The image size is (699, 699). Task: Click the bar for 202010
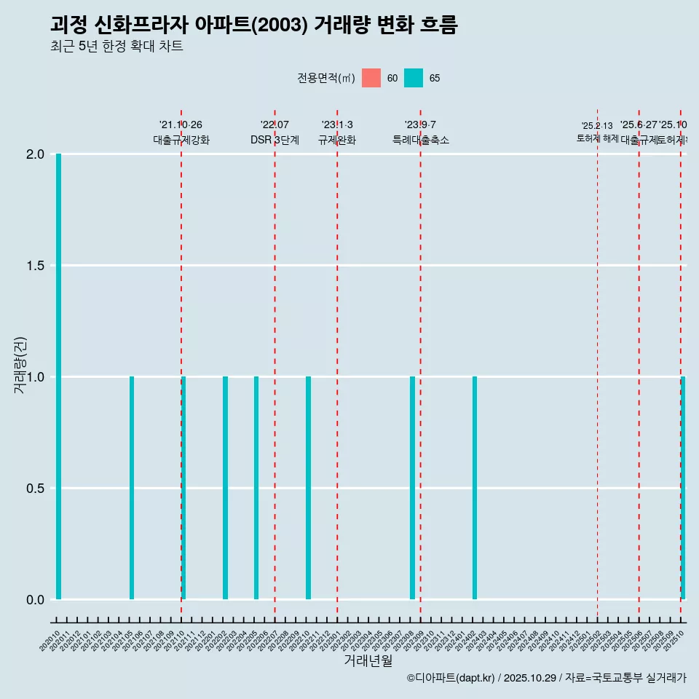point(58,376)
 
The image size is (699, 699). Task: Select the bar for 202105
point(132,488)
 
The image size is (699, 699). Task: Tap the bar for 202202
point(225,488)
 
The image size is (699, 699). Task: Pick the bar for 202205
point(256,488)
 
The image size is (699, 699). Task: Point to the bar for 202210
point(308,488)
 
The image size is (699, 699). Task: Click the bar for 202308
point(412,488)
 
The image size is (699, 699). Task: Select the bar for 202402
point(475,488)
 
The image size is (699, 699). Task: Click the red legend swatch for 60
point(371,78)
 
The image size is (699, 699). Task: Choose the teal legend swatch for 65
point(414,78)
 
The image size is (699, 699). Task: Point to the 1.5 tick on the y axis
point(35,266)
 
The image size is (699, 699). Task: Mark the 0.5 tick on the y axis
point(35,488)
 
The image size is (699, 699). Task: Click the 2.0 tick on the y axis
point(35,154)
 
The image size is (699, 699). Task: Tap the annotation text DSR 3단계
point(275,140)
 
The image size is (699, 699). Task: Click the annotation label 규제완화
point(337,140)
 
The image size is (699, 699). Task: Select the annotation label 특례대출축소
point(420,140)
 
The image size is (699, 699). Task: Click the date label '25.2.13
point(597,126)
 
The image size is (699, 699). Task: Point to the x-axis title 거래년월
point(368,661)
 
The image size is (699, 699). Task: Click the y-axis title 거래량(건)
point(20,366)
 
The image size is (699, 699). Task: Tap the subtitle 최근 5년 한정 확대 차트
point(116,47)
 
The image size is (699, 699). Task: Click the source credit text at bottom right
point(546,678)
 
